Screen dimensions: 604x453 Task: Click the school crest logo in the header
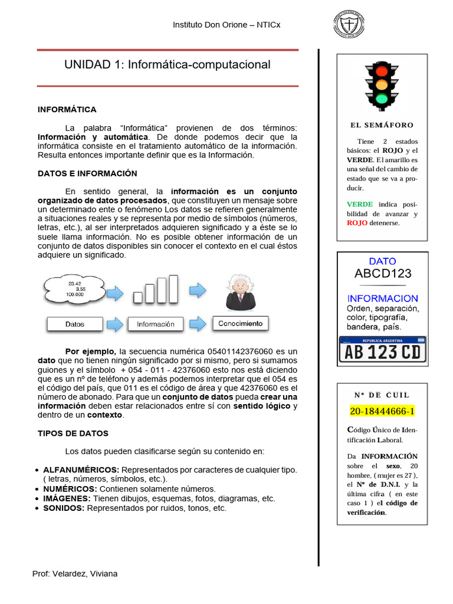tap(349, 25)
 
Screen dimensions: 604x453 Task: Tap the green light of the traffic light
tap(382, 98)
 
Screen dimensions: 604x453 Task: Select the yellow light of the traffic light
tap(382, 84)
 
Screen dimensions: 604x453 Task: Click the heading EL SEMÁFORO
tap(382, 125)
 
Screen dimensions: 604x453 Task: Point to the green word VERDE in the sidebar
tap(360, 204)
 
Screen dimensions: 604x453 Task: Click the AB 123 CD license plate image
tap(382, 350)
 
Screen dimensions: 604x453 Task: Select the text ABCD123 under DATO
tap(382, 274)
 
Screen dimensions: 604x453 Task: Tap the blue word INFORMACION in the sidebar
tap(382, 298)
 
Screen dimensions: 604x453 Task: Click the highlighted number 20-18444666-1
tap(382, 411)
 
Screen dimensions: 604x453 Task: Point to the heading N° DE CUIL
tap(382, 395)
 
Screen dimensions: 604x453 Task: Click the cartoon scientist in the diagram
tap(240, 292)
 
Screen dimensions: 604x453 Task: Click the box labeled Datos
tap(75, 324)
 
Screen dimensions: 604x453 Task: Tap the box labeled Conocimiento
tap(240, 323)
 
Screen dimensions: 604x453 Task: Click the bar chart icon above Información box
tap(156, 289)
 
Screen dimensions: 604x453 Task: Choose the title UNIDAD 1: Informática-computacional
tap(167, 65)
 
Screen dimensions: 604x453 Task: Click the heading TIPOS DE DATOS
tap(73, 434)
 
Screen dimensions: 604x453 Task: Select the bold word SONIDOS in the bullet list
tap(64, 508)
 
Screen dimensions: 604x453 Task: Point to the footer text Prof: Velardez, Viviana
tap(74, 574)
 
